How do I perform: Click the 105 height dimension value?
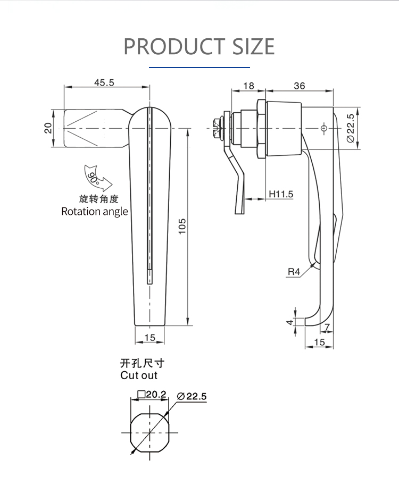(182, 227)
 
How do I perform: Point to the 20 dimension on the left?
(48, 128)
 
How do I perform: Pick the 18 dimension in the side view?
(248, 86)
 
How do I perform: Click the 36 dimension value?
(300, 86)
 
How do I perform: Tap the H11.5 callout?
(281, 194)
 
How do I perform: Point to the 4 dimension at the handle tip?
(290, 322)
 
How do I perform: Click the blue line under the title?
(199, 68)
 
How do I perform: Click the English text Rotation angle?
(95, 211)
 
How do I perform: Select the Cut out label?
(139, 375)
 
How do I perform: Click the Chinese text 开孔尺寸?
(142, 364)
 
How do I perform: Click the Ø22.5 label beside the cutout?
(190, 396)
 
